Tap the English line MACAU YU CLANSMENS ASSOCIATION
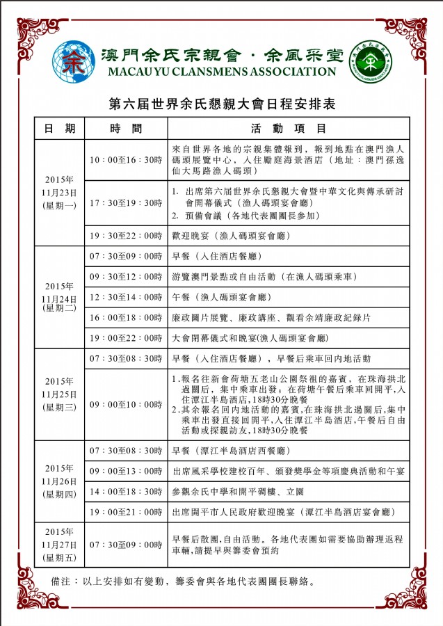(220, 72)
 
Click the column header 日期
(60, 129)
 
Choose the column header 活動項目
(289, 129)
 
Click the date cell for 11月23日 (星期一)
(60, 192)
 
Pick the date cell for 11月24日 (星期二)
(60, 297)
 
